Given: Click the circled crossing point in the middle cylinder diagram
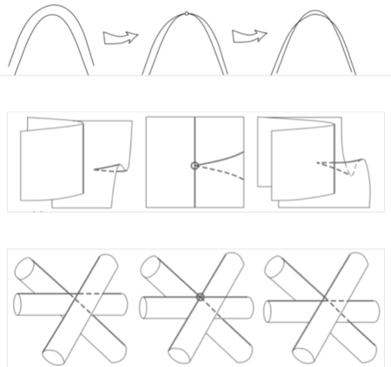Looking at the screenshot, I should coord(199,297).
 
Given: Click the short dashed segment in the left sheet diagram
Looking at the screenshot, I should coord(107,171).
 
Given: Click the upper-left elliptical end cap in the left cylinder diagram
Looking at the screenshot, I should coord(27,274).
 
